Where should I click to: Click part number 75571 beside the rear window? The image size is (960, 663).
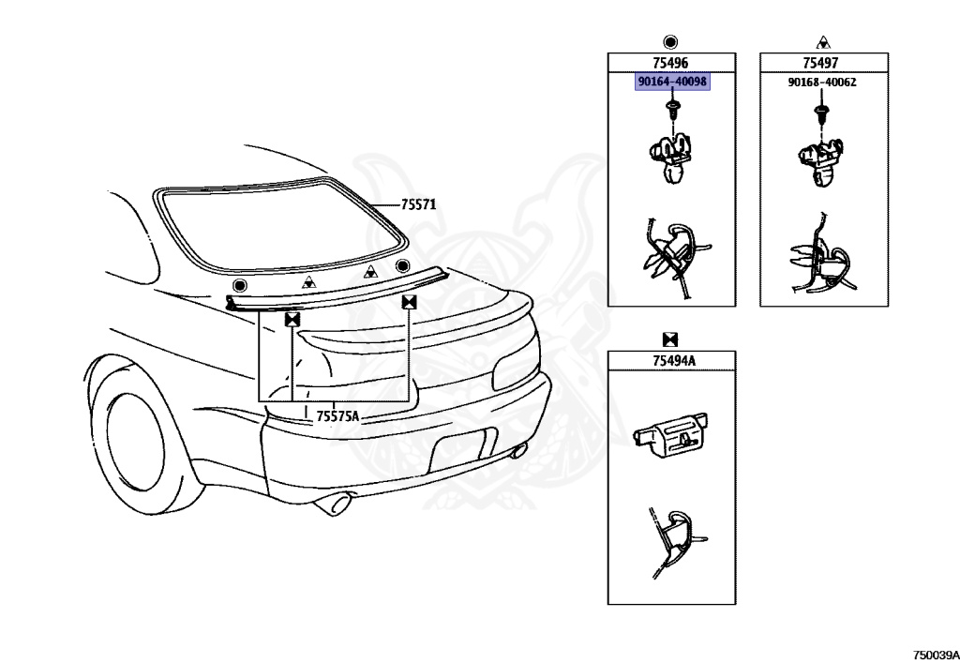point(419,204)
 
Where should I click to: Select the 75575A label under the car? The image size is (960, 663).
point(337,415)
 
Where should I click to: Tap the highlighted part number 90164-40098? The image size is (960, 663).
point(672,83)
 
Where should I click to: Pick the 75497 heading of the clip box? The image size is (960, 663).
point(820,63)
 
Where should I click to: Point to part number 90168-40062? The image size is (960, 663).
point(821,83)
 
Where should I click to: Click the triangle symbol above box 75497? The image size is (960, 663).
point(821,41)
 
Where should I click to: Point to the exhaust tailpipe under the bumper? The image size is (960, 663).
point(333,506)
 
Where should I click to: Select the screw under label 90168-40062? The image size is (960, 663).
point(821,114)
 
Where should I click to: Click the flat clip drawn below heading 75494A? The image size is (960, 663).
point(671,433)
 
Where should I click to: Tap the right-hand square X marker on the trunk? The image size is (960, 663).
point(409,302)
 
